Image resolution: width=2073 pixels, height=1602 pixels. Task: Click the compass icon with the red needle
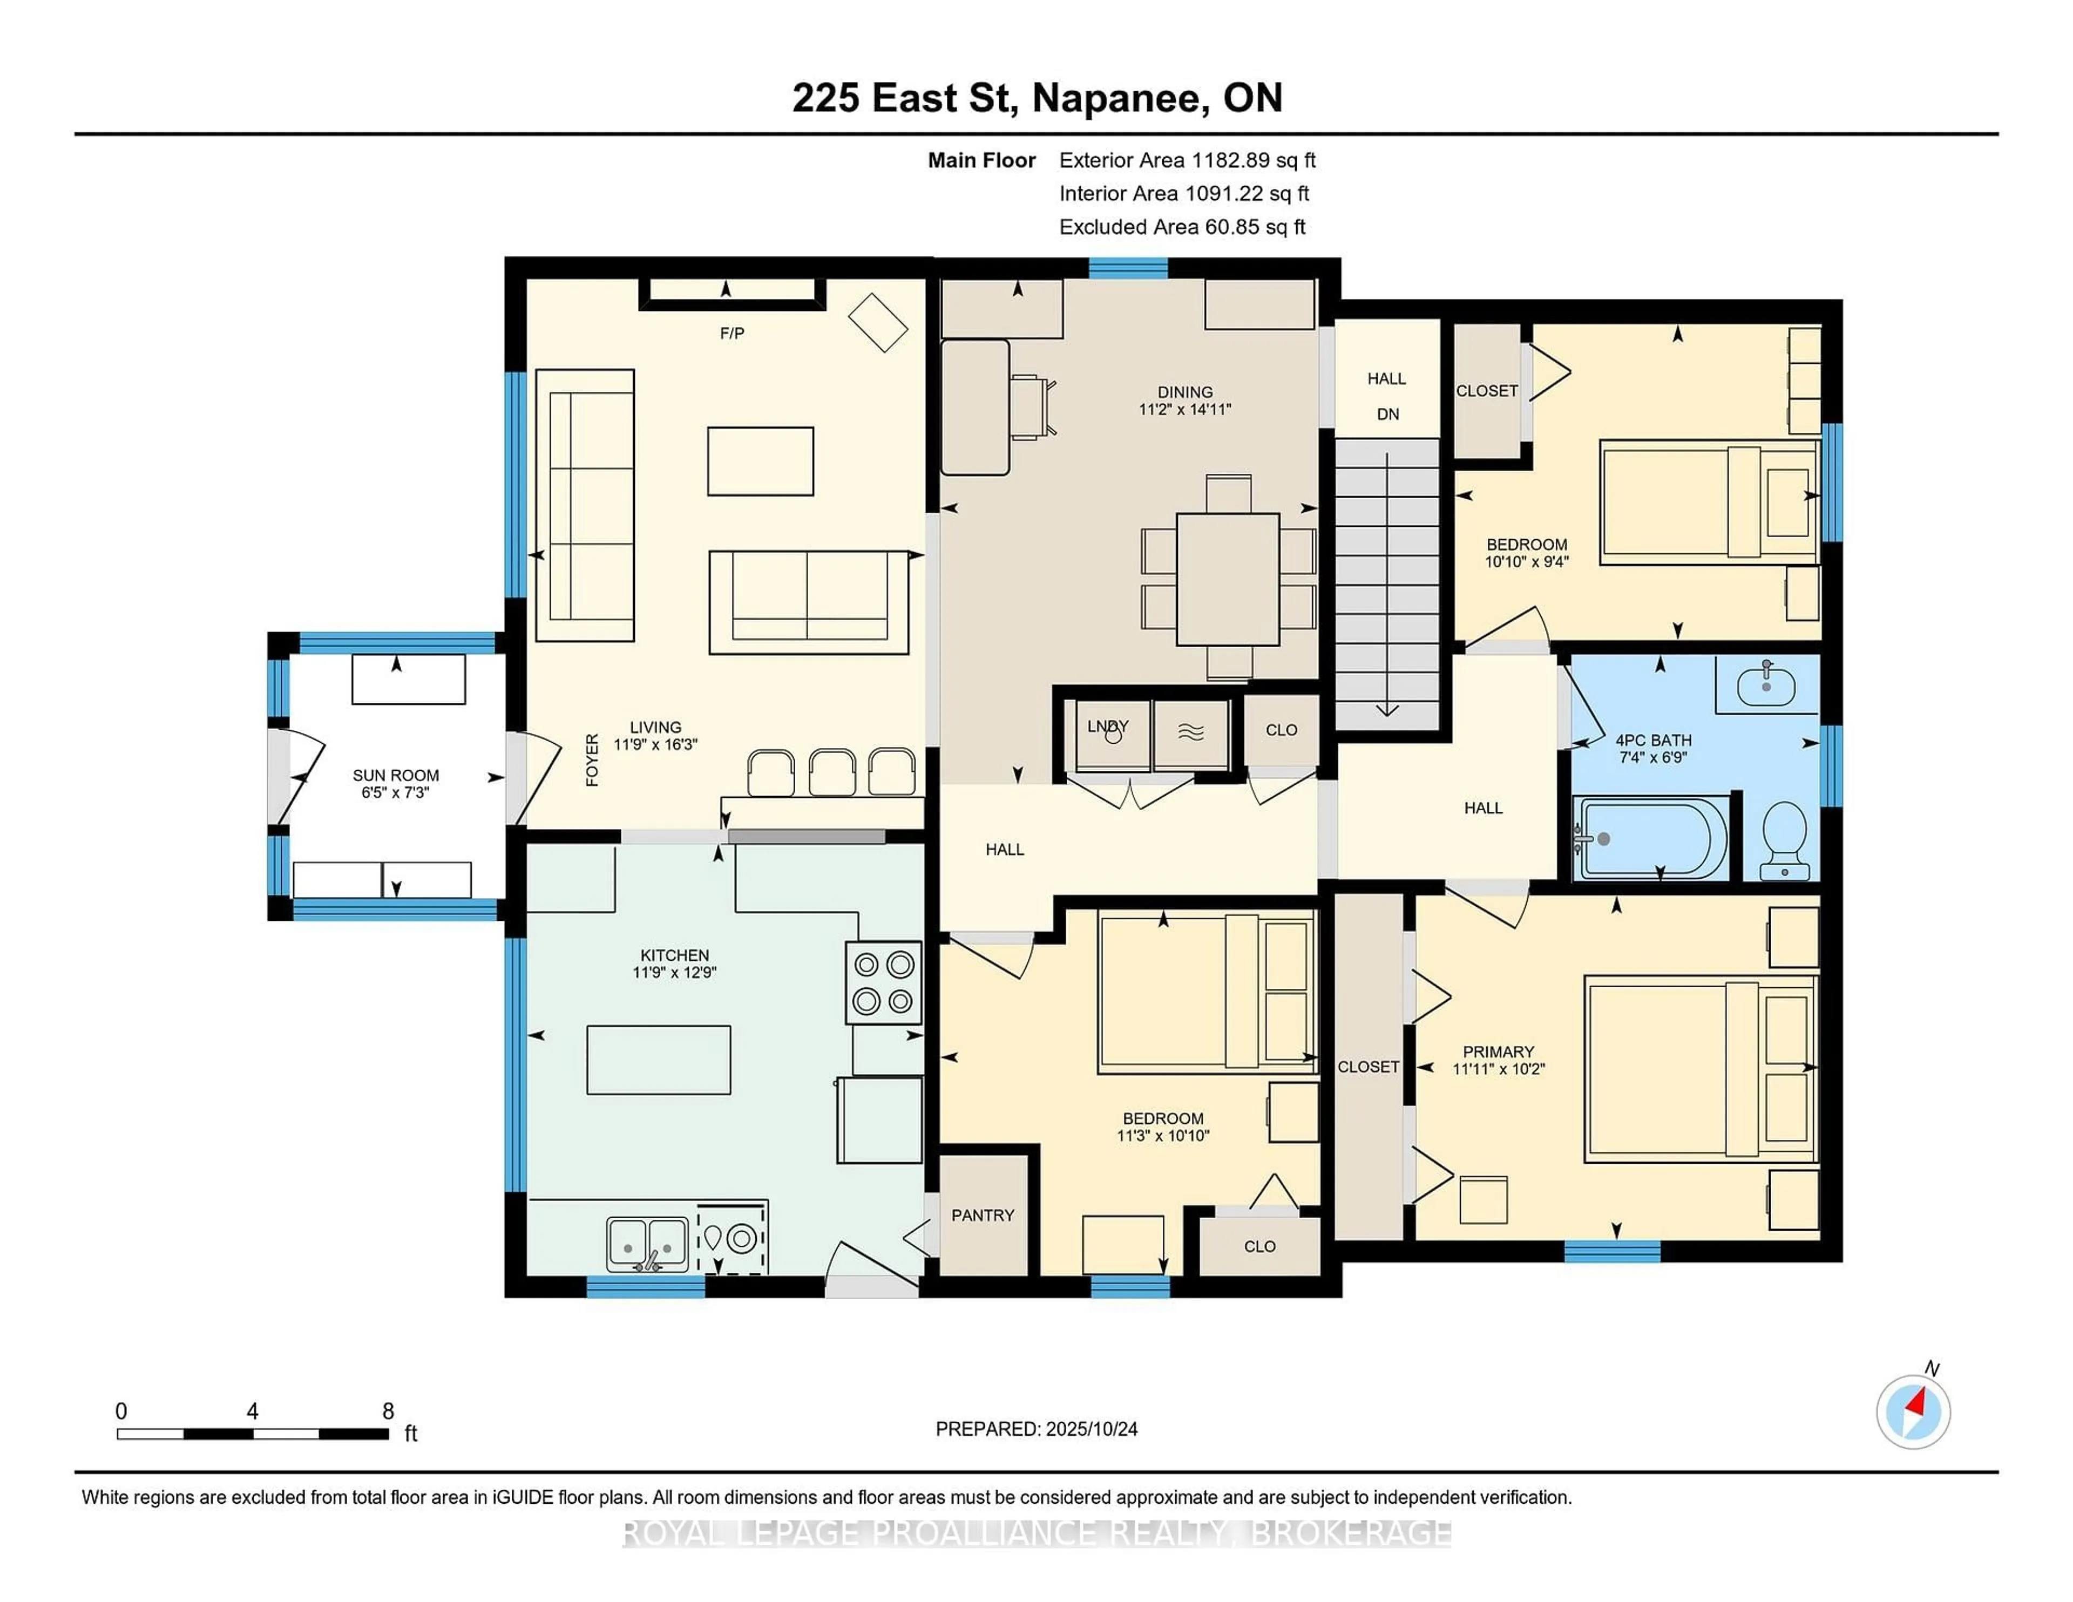coord(1913,1412)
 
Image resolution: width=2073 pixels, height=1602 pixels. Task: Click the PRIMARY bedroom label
coord(1498,1051)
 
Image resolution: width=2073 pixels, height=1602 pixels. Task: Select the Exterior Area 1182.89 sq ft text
coord(1187,160)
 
